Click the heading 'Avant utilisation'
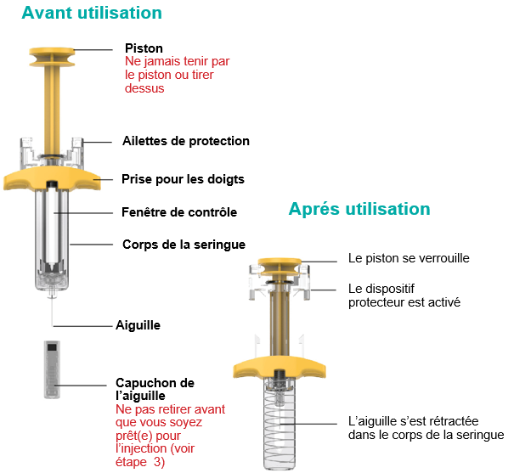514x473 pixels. [x=92, y=13]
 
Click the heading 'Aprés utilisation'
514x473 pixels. [x=359, y=209]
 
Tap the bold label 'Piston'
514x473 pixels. [x=144, y=48]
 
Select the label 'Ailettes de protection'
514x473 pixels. [x=186, y=141]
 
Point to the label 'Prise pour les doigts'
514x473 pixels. [x=183, y=179]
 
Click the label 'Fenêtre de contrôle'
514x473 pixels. [x=179, y=212]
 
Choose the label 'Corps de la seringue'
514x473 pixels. [x=184, y=245]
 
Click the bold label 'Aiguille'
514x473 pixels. [x=138, y=325]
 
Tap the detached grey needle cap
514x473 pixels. [x=52, y=369]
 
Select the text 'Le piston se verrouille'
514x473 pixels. [x=409, y=258]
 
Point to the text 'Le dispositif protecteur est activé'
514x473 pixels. [x=404, y=296]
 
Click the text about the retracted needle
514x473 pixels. [x=426, y=428]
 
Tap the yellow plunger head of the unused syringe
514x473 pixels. [x=52, y=57]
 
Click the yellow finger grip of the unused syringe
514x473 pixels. [x=52, y=178]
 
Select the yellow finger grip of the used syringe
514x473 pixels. [x=280, y=367]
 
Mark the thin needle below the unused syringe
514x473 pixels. [x=52, y=311]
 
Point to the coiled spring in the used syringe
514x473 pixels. [x=280, y=425]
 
